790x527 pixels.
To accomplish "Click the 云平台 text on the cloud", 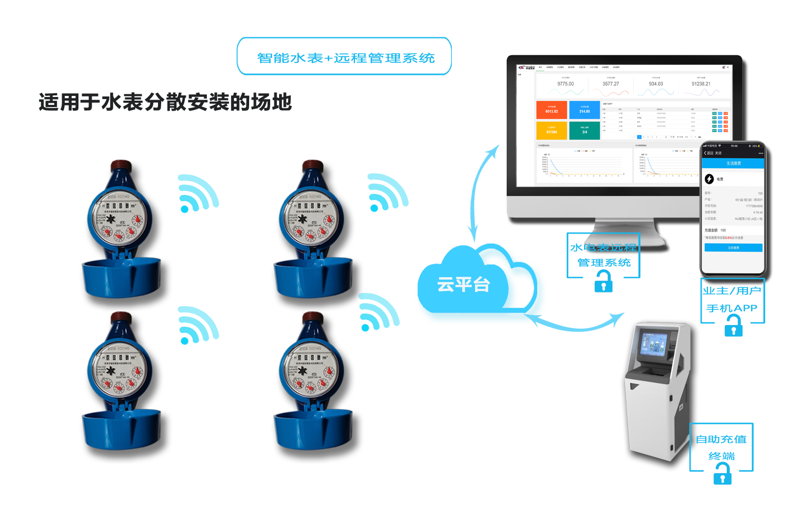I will pyautogui.click(x=463, y=285).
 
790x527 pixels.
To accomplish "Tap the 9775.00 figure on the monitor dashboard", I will pyautogui.click(x=566, y=84).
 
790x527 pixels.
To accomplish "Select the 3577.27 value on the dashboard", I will pyautogui.click(x=611, y=84).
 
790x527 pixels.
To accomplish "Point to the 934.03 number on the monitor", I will pyautogui.click(x=656, y=84).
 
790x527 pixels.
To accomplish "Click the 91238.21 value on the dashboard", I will pyautogui.click(x=701, y=84).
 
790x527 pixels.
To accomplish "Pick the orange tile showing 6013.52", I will pyautogui.click(x=551, y=110).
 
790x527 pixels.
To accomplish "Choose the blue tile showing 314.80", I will pyautogui.click(x=585, y=110).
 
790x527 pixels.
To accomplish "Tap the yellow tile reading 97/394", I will pyautogui.click(x=551, y=131).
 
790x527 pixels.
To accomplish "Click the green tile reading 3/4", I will pyautogui.click(x=585, y=131).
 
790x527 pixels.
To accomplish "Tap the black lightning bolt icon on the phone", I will pyautogui.click(x=709, y=179).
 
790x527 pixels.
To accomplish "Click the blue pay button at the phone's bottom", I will pyautogui.click(x=733, y=248).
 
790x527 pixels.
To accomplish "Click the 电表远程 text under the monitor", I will pyautogui.click(x=611, y=247).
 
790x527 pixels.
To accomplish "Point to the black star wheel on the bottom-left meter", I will pyautogui.click(x=111, y=371).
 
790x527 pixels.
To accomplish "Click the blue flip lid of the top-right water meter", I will pyautogui.click(x=313, y=277).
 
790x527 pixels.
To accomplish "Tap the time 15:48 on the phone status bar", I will pyautogui.click(x=734, y=146).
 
